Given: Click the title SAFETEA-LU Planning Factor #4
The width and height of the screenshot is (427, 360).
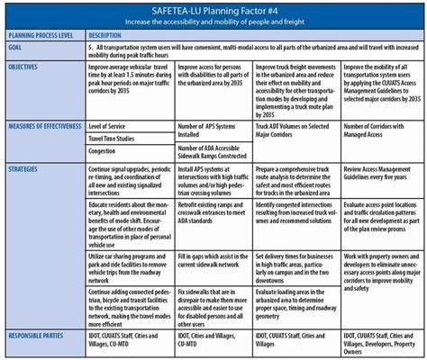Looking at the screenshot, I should point(213,8).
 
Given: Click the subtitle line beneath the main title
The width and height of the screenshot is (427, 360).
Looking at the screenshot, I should point(213,20).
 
